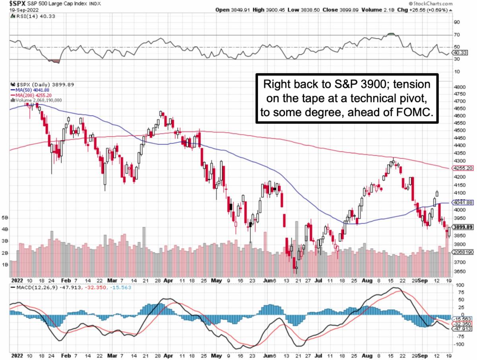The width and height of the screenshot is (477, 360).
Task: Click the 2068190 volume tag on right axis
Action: coord(463,253)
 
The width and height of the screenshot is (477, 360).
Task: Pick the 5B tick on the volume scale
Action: coord(5,218)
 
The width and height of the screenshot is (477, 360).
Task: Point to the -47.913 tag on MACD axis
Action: coord(463,329)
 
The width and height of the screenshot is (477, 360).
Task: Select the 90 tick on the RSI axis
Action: coord(458,22)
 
